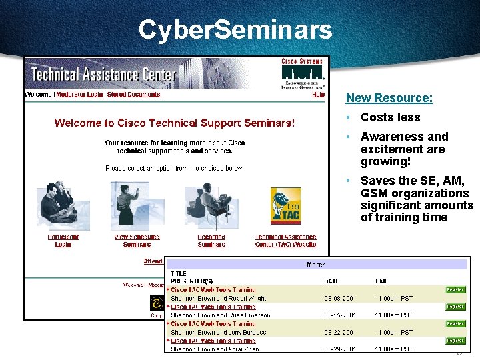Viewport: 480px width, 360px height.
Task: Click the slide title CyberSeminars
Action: pyautogui.click(x=235, y=29)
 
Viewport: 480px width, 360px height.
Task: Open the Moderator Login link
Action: pyautogui.click(x=79, y=95)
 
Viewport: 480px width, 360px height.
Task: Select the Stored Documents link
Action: pyautogui.click(x=133, y=95)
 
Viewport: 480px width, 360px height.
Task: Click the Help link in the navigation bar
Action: pyautogui.click(x=318, y=95)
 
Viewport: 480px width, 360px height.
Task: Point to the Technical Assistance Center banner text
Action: pyautogui.click(x=103, y=74)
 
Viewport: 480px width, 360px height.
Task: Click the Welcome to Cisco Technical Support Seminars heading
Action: pyautogui.click(x=174, y=123)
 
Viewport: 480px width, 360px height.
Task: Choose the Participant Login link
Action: pyautogui.click(x=63, y=241)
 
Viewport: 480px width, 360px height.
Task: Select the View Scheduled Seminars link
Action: pyautogui.click(x=137, y=241)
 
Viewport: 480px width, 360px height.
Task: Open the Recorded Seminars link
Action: pyautogui.click(x=211, y=241)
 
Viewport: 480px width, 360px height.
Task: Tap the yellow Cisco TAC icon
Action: pyautogui.click(x=285, y=206)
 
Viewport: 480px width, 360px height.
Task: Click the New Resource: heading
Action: pyautogui.click(x=389, y=98)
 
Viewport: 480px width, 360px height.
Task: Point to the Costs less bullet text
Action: pyautogui.click(x=390, y=117)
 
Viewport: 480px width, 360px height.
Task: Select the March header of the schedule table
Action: pyautogui.click(x=315, y=265)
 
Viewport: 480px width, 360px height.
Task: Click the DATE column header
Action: pyautogui.click(x=331, y=281)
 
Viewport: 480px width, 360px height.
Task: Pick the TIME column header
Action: pyautogui.click(x=381, y=281)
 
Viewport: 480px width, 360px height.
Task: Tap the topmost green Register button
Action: pyautogui.click(x=455, y=290)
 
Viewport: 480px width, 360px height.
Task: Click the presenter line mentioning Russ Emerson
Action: pyautogui.click(x=220, y=315)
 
